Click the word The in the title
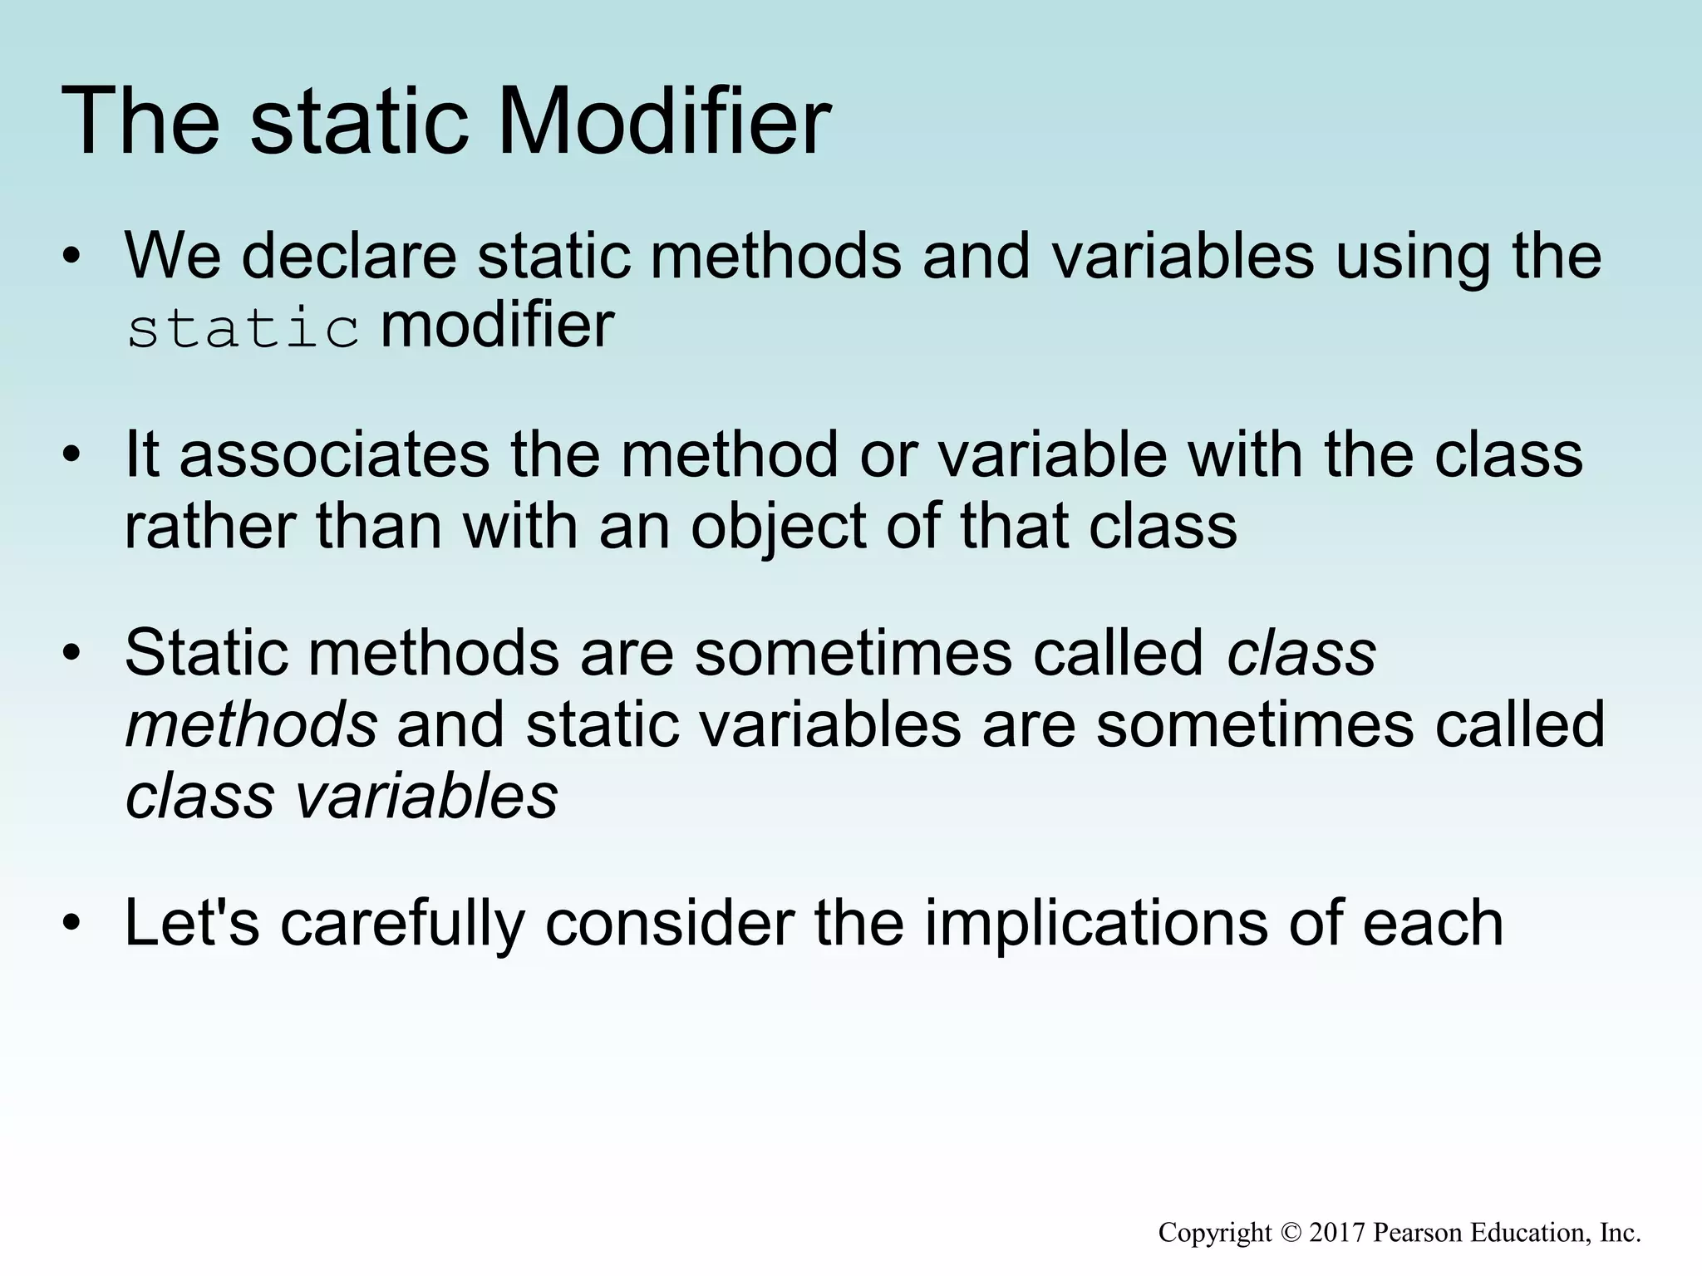141,123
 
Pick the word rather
209,528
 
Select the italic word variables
426,796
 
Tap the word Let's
191,923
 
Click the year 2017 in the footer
1337,1232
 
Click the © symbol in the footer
1291,1233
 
